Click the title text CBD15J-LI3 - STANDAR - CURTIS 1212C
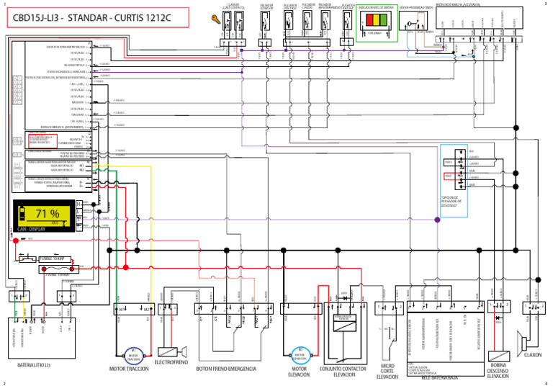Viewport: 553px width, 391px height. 96,17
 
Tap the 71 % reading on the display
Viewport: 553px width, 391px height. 48,214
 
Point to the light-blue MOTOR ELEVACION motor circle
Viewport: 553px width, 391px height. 300,354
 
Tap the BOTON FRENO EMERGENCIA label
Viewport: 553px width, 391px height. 225,369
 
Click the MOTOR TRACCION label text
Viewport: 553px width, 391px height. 128,369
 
